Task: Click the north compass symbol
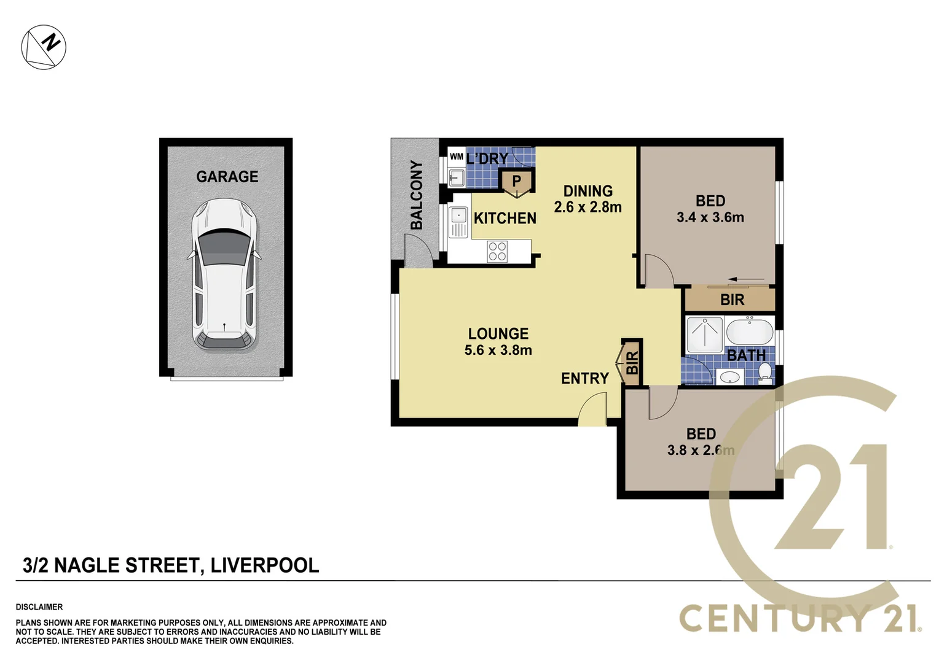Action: tap(44, 47)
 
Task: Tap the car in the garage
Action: tap(224, 274)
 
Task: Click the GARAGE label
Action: tap(227, 177)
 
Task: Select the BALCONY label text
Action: tap(417, 195)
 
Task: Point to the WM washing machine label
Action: tap(456, 157)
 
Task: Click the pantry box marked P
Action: tap(517, 182)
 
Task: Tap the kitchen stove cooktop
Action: tap(497, 251)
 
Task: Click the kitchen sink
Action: tap(458, 216)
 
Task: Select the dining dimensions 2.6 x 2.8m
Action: tap(587, 207)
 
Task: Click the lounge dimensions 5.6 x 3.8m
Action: tap(498, 350)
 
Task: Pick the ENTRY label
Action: tap(584, 378)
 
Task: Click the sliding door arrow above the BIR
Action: tap(746, 280)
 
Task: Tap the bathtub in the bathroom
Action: tap(749, 332)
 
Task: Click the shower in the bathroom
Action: tap(704, 335)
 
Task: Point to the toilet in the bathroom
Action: tap(765, 372)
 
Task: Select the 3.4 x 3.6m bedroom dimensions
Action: tap(710, 217)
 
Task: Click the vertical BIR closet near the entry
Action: tap(632, 363)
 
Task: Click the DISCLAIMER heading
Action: tap(39, 607)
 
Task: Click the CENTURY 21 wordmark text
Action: tap(799, 618)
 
